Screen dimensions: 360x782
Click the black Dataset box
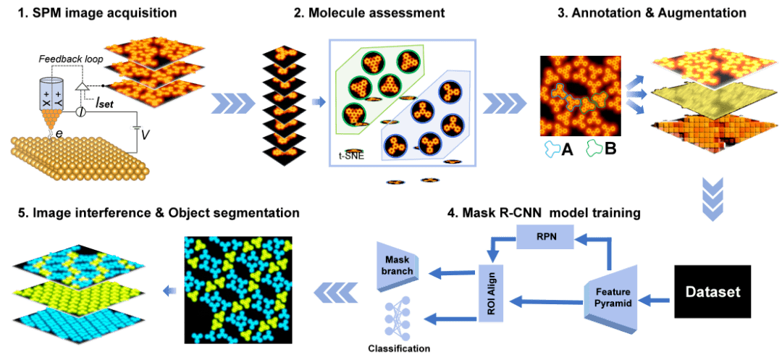713,291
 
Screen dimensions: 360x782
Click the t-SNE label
352,154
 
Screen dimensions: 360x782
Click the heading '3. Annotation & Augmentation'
656,13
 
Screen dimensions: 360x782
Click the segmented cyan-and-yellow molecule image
238,290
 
